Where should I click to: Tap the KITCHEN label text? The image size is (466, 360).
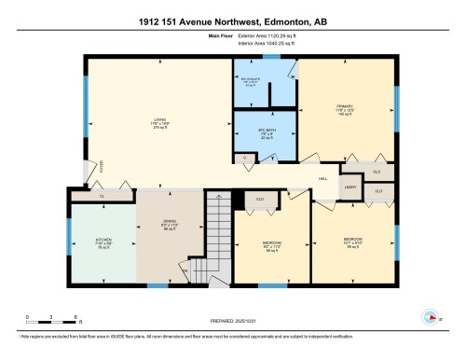[103, 240]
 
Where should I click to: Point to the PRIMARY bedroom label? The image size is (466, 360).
[345, 108]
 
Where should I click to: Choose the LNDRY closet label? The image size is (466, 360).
[350, 187]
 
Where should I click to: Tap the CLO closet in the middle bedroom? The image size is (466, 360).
[261, 199]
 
